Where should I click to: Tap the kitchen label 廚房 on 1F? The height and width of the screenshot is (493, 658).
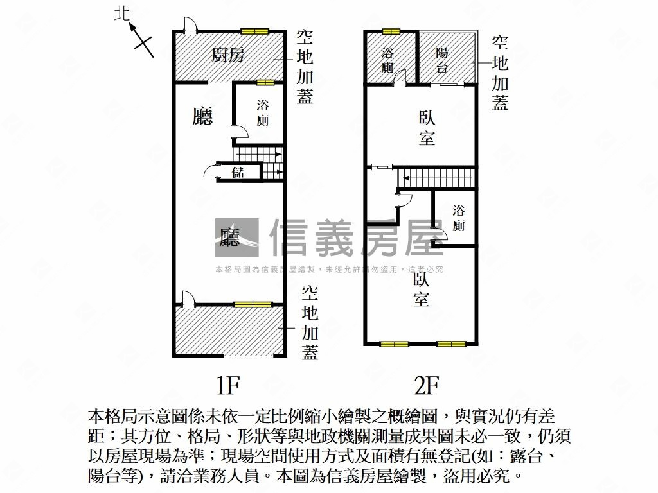[x=228, y=55]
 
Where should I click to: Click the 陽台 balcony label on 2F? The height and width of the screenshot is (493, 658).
[x=442, y=60]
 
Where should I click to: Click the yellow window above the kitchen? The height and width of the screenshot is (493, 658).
[x=255, y=31]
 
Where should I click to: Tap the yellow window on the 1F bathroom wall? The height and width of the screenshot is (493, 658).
[x=265, y=82]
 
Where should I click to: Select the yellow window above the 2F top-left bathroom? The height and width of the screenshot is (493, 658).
[x=390, y=31]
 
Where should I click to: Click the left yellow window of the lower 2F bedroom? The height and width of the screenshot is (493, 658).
[x=394, y=344]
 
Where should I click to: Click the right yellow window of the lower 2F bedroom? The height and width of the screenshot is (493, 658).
[x=451, y=344]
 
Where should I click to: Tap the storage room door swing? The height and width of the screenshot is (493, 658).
[x=211, y=171]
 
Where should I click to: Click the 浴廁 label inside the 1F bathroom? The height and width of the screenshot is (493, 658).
[x=262, y=112]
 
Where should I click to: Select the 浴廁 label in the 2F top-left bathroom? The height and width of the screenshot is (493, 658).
[x=387, y=60]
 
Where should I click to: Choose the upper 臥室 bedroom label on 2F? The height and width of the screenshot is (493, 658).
[x=427, y=128]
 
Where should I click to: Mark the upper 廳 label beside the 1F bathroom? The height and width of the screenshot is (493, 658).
[x=203, y=116]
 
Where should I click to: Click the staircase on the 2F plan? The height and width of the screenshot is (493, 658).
[x=436, y=177]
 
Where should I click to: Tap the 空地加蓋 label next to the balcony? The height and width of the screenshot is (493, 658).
[x=501, y=73]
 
